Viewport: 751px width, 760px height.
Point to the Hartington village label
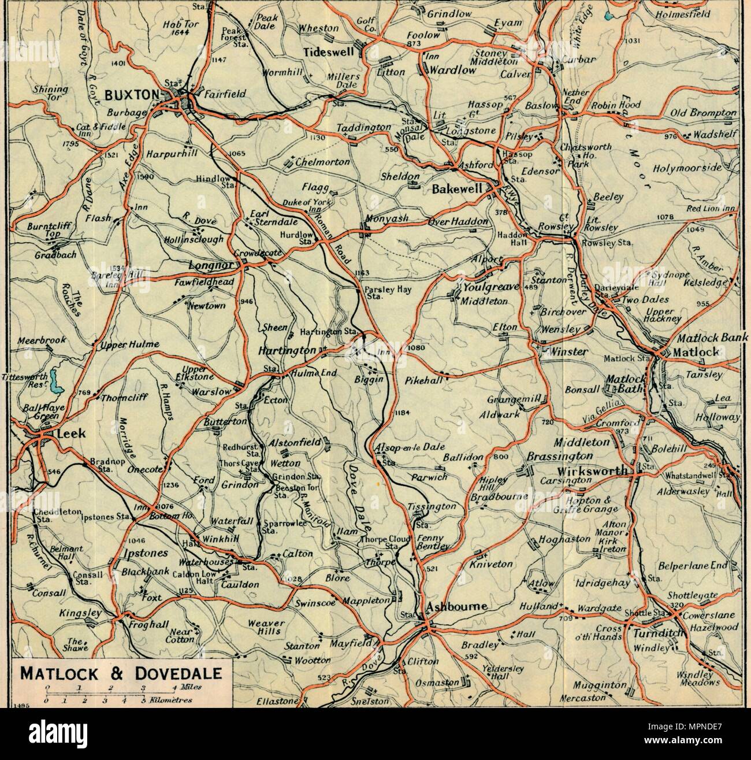(287, 351)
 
